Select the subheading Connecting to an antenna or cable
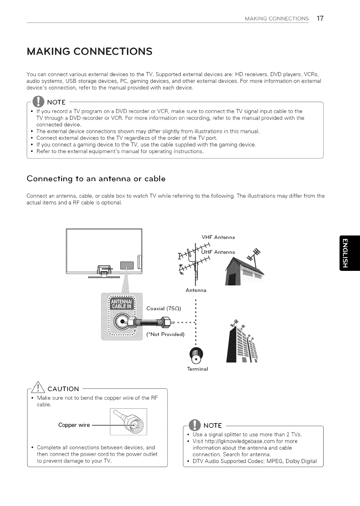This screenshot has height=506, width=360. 96,179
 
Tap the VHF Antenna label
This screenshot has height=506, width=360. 218,238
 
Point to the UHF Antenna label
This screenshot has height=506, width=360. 218,252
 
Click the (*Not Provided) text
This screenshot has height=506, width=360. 165,334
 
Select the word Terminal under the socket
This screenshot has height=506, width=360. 197,369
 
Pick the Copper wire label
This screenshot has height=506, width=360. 74,425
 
